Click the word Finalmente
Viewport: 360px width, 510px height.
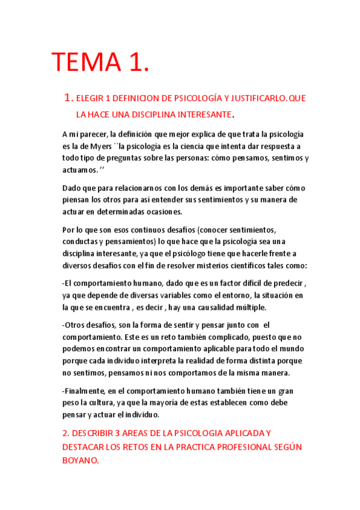tap(85, 391)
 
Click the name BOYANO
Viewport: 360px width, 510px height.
tap(79, 459)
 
